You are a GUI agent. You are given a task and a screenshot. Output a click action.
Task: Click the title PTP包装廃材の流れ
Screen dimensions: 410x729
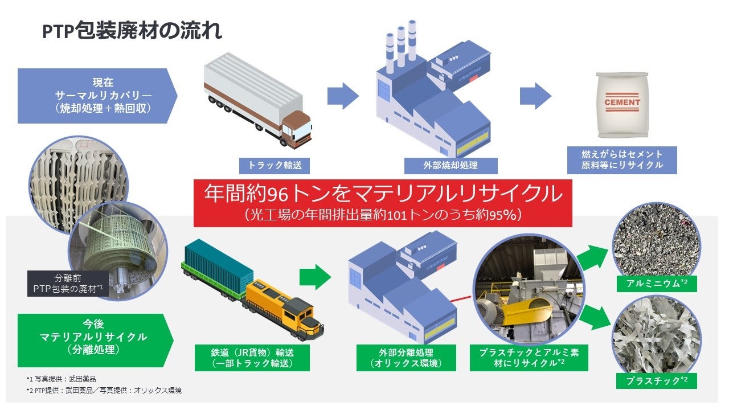[x=132, y=31]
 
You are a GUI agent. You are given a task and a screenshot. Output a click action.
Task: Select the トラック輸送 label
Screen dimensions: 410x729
[x=275, y=166]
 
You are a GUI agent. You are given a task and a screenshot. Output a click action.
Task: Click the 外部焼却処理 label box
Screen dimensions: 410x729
[x=450, y=166]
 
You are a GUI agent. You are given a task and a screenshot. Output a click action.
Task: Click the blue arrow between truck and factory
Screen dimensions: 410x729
[x=343, y=96]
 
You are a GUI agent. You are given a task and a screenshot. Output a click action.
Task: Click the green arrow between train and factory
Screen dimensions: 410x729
[x=315, y=277]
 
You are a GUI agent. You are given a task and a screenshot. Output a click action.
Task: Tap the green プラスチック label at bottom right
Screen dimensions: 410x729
[x=656, y=380]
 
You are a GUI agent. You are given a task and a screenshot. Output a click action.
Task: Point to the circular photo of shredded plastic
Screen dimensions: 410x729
[x=648, y=341]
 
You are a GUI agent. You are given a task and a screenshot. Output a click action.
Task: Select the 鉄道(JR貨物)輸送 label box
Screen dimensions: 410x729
[x=252, y=358]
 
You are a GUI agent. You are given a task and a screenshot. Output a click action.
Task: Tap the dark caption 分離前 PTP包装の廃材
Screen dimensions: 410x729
[x=67, y=284]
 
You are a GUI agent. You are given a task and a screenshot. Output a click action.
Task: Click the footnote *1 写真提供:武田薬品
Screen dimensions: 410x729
[x=61, y=379]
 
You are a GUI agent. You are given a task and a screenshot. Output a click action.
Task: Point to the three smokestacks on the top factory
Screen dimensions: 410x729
[x=402, y=46]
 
